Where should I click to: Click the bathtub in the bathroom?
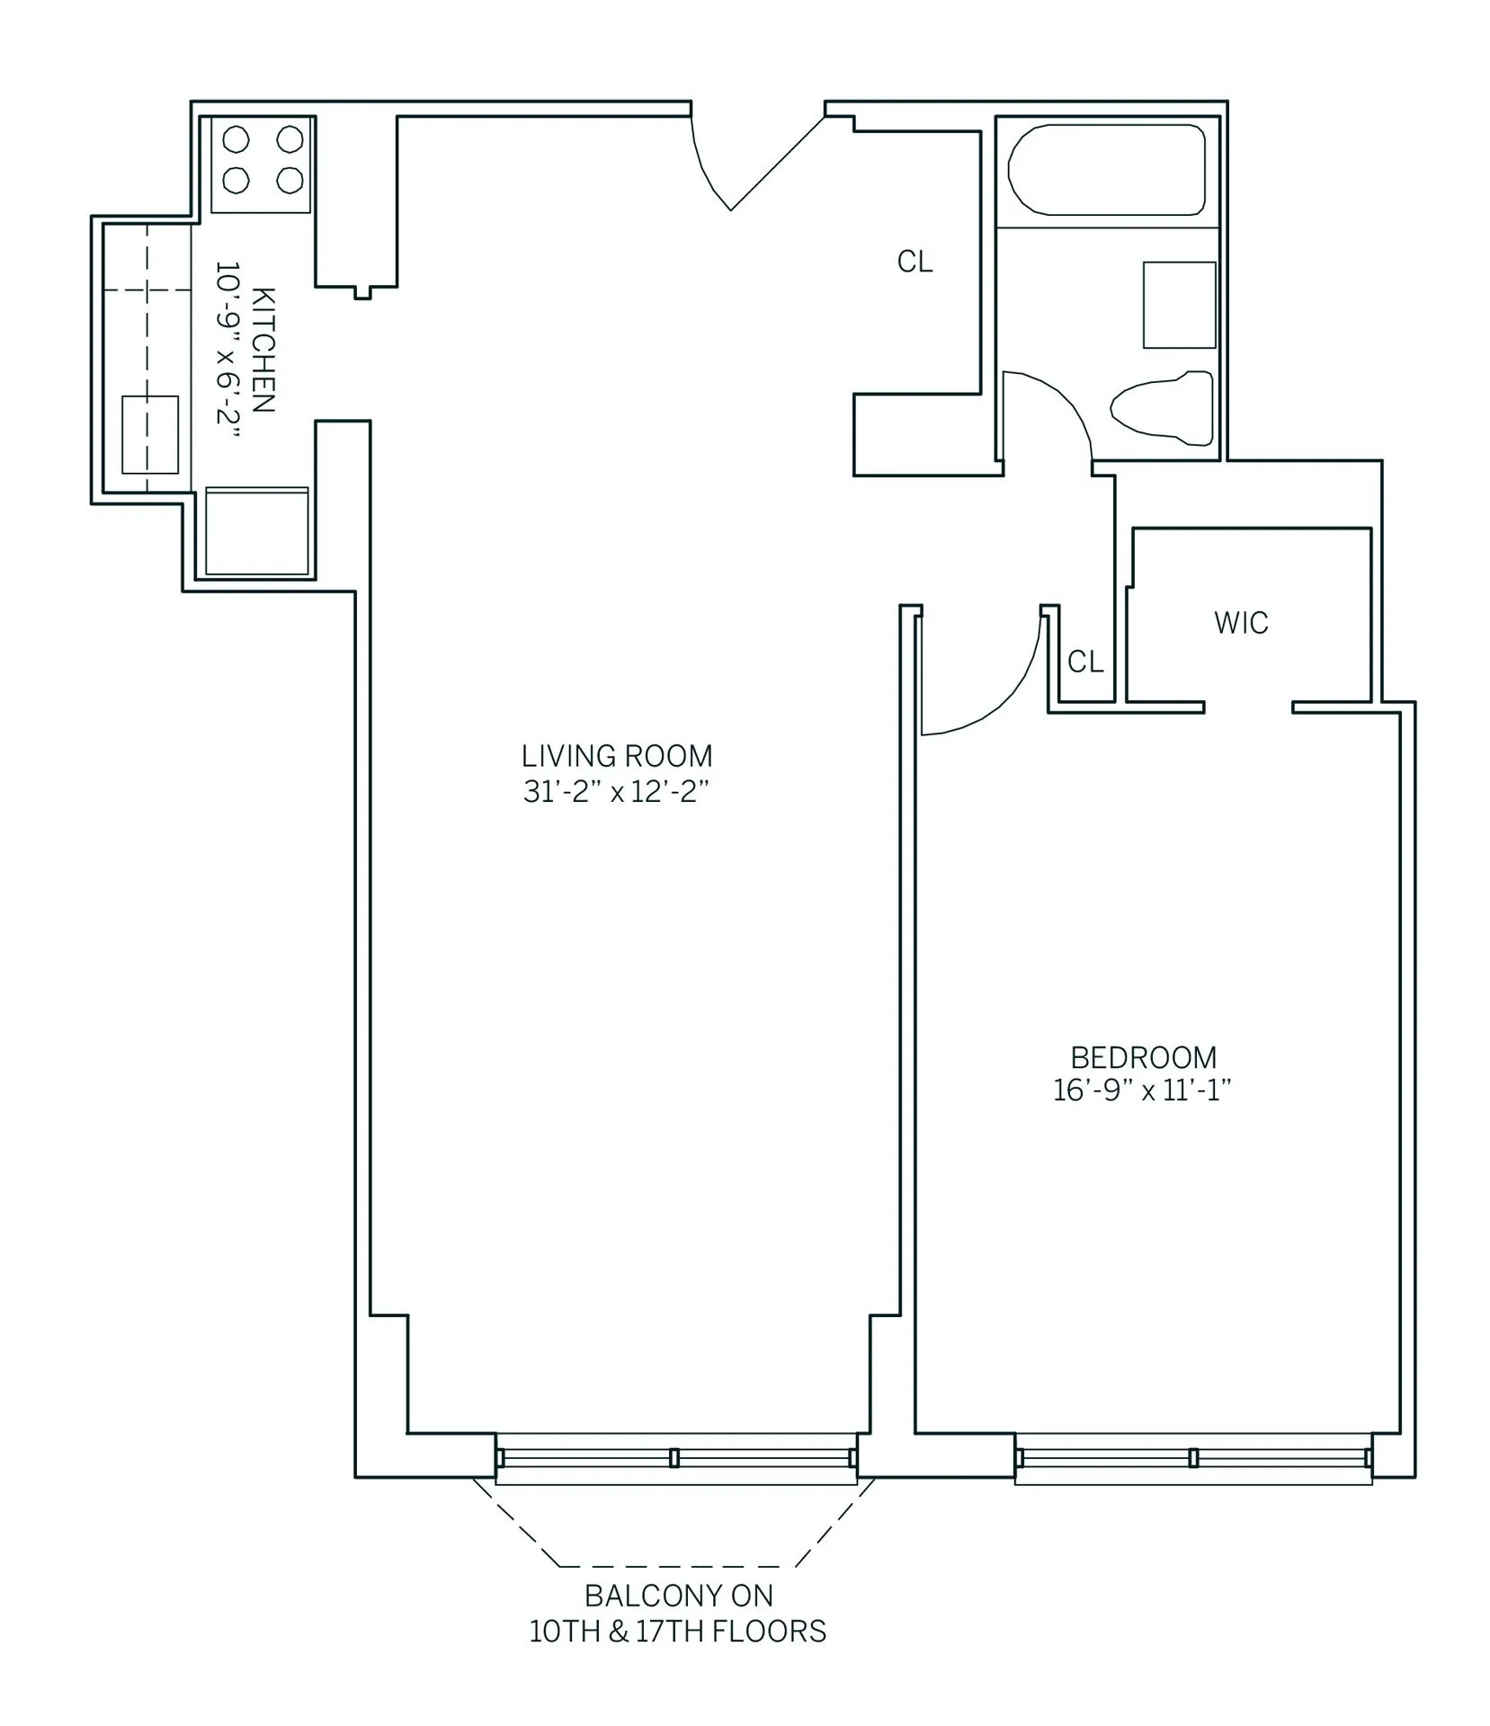point(1106,170)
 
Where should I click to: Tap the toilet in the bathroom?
point(1161,408)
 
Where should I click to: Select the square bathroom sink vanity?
point(1179,305)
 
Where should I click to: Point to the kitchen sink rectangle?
point(150,434)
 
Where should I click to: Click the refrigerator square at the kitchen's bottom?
point(257,531)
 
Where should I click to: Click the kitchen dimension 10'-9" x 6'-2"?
point(228,350)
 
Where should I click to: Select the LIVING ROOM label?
point(617,755)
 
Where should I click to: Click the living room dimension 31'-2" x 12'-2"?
point(617,792)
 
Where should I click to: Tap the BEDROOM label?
point(1143,1057)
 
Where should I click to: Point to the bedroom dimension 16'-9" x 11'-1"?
point(1142,1091)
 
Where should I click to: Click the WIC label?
point(1241,623)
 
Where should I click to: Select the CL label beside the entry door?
point(915,262)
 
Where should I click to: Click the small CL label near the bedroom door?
point(1085,663)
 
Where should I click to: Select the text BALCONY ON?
point(679,1596)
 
